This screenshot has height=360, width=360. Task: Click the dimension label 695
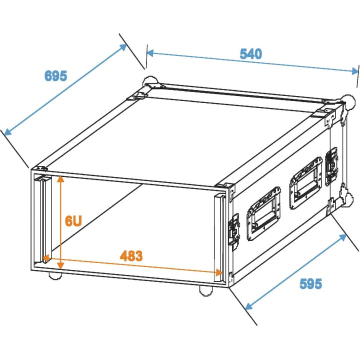(x=55, y=76)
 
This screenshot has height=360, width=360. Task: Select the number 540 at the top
(x=250, y=54)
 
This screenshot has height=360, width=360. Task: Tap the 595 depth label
(x=310, y=284)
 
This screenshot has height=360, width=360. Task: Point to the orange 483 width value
(x=131, y=256)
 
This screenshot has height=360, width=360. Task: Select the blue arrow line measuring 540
(x=252, y=61)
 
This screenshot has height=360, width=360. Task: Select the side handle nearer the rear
(x=305, y=181)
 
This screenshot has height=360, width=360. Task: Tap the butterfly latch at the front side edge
(x=233, y=231)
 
